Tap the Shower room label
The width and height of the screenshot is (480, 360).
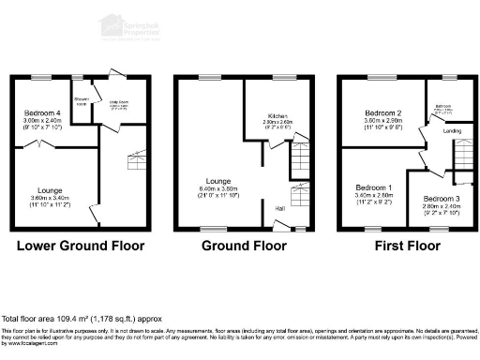coord(82,99)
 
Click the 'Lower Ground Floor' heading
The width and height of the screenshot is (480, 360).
coord(81,247)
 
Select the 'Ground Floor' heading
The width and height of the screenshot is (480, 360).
coord(244,247)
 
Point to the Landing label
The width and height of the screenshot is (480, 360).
coord(452,131)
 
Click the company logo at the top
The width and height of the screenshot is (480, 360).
coord(131,25)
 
